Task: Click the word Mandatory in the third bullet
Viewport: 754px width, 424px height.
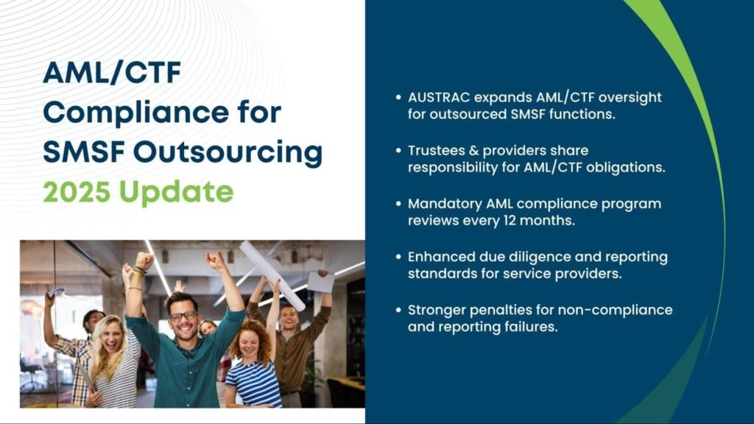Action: [440, 204]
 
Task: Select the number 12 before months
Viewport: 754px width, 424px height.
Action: [522, 220]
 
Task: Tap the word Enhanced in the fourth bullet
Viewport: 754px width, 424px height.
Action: [437, 257]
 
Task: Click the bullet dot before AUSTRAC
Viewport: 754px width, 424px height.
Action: [399, 98]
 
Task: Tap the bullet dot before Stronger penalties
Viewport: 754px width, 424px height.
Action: [399, 310]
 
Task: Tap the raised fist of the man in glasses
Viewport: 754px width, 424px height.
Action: [144, 260]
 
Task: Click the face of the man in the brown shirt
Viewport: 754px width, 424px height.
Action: [289, 317]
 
